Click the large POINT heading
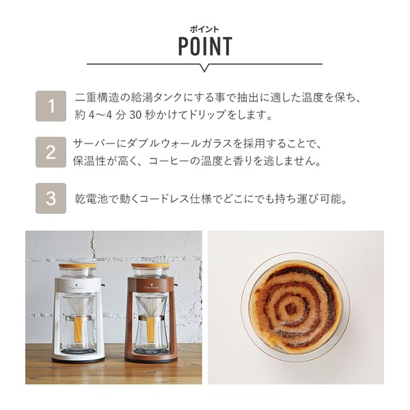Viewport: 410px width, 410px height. (205, 46)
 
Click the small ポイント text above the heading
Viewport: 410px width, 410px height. (205, 29)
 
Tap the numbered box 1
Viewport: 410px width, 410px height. (51, 107)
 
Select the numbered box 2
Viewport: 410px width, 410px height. (51, 152)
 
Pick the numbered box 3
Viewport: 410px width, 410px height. (51, 198)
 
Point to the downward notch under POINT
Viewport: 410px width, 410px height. (205, 68)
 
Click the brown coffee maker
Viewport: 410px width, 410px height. (151, 312)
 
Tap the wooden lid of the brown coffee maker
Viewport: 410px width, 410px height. (151, 265)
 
